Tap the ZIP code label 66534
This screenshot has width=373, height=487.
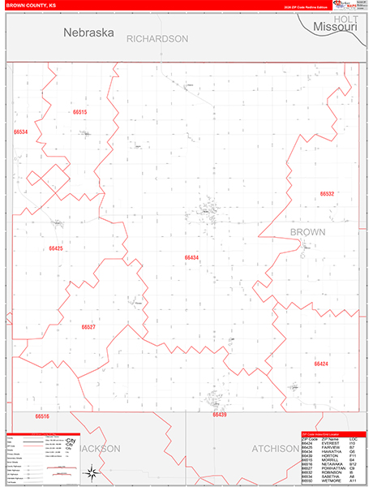tap(20, 131)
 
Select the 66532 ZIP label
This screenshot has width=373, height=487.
tap(327, 194)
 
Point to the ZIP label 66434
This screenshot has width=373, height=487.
tap(191, 257)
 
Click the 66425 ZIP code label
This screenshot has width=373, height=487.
tap(55, 248)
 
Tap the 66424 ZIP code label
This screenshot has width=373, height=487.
tap(321, 364)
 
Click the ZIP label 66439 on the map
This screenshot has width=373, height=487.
tap(220, 415)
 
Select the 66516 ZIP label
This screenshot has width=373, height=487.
tap(42, 416)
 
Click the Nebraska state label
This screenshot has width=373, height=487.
tap(89, 33)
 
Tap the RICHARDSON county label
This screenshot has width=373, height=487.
tap(156, 39)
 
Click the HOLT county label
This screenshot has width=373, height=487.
tap(345, 18)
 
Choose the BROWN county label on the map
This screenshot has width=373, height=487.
tap(308, 232)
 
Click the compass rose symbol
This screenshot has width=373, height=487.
tap(93, 472)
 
